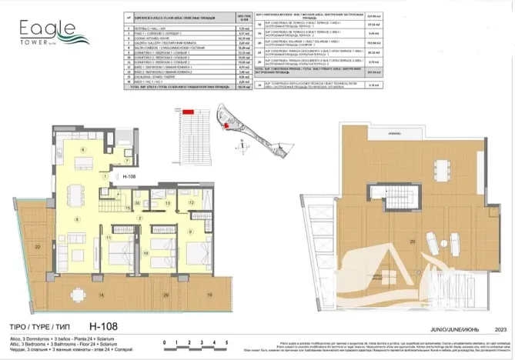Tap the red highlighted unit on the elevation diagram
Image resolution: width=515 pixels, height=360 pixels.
188,112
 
